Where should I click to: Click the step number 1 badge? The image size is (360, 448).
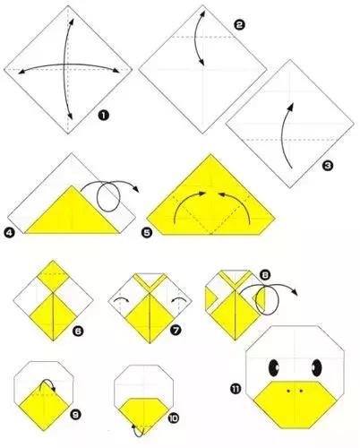[x=103, y=115]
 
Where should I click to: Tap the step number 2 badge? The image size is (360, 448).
[x=239, y=25]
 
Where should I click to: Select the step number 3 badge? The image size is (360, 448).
[x=328, y=165]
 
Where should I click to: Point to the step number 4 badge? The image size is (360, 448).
[x=9, y=233]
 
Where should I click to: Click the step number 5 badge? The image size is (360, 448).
[x=147, y=233]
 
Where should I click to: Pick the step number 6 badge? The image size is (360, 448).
[x=78, y=331]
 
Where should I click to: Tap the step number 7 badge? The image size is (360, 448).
[x=176, y=330]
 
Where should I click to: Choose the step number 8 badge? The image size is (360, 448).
[x=265, y=275]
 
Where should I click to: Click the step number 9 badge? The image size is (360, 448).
[x=75, y=415]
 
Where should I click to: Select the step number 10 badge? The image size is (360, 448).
[x=174, y=418]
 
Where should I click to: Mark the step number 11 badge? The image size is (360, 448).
[x=236, y=389]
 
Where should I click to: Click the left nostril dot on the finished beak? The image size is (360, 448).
[x=288, y=391]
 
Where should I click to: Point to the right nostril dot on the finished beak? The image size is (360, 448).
[x=301, y=391]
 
